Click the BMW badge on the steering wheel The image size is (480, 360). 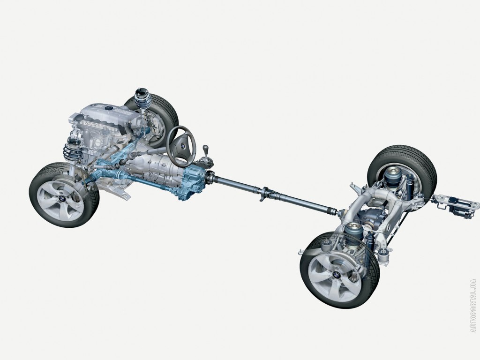pos(182,147)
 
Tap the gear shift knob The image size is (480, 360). pos(206,149)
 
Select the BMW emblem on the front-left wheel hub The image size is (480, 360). pos(62,199)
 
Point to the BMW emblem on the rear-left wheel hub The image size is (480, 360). pos(336,274)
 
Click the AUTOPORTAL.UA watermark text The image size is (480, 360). pos(474,306)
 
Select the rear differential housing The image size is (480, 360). pos(371,217)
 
